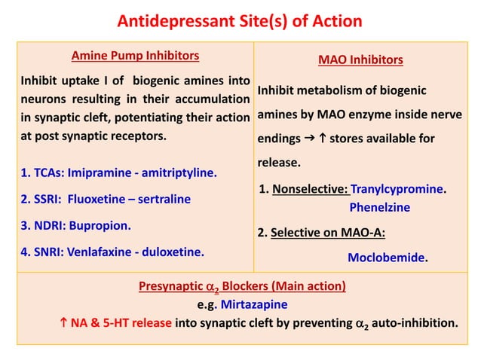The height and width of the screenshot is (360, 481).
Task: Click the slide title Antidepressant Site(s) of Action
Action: [240, 20]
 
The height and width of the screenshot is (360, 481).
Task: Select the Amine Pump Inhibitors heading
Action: [135, 55]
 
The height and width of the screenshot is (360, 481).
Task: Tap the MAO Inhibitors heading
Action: [360, 59]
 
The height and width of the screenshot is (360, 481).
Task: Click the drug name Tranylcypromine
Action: [397, 189]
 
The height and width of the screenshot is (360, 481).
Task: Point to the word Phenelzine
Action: [378, 206]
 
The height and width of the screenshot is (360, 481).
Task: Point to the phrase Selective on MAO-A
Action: [328, 232]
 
